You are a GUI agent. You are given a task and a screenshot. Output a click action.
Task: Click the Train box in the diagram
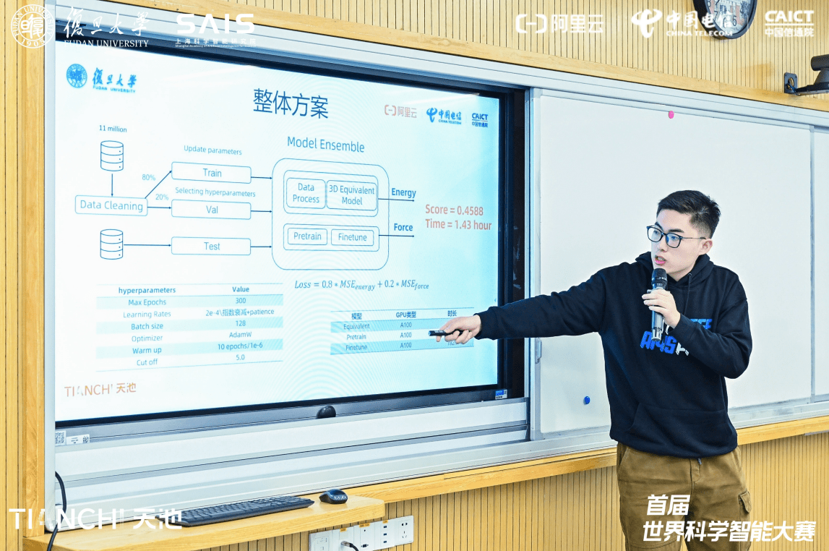click(211, 174)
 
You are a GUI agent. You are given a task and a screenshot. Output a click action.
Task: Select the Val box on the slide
click(211, 210)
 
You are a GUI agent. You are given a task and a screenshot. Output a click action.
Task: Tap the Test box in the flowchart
click(211, 247)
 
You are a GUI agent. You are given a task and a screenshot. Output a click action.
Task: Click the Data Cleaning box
click(111, 205)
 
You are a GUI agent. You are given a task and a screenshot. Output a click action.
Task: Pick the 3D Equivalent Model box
click(352, 195)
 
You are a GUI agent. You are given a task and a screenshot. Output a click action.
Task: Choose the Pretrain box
click(307, 236)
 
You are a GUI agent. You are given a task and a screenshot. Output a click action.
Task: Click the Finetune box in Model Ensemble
click(353, 237)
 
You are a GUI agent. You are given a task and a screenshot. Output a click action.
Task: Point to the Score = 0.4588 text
click(454, 210)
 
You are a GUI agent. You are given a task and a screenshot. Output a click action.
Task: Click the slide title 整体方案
click(291, 105)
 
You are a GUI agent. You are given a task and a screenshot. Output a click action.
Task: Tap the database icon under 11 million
click(111, 155)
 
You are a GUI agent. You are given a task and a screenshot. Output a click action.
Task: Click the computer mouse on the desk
click(333, 496)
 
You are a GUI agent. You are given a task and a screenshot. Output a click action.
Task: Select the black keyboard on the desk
click(246, 510)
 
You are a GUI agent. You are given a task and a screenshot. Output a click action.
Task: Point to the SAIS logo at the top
click(215, 26)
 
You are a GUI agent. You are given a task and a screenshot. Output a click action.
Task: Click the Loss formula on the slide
click(361, 285)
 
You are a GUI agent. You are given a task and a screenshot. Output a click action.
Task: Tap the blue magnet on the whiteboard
click(586, 400)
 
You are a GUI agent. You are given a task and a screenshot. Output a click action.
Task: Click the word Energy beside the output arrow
click(403, 192)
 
